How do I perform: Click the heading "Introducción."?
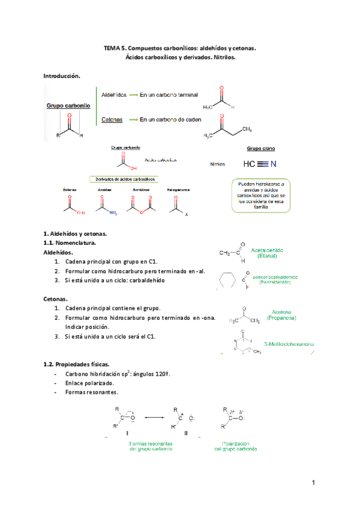click(62, 76)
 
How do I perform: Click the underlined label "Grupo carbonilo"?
click(68, 105)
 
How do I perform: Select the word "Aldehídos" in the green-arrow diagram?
click(114, 95)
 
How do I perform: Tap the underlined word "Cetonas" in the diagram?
click(112, 119)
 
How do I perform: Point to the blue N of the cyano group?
click(274, 164)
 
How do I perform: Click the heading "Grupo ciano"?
click(261, 148)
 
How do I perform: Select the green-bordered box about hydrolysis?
click(262, 195)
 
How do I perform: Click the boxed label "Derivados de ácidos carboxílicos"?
click(122, 179)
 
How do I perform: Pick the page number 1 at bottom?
click(314, 483)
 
